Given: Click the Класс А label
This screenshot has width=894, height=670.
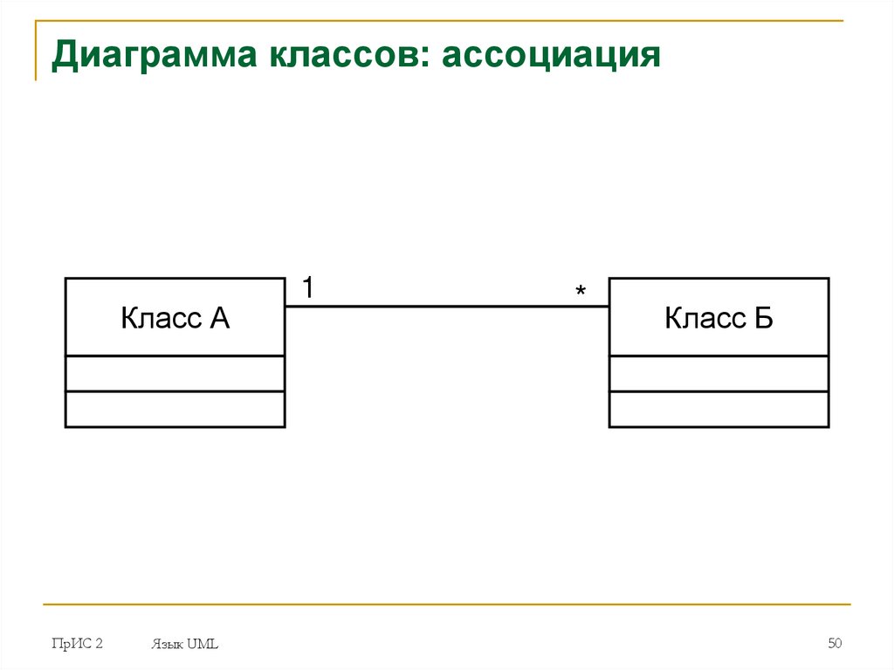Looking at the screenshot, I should pyautogui.click(x=175, y=318).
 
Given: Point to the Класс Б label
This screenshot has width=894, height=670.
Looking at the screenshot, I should pyautogui.click(x=719, y=318).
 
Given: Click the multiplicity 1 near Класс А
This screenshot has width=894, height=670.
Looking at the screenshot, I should pyautogui.click(x=308, y=287).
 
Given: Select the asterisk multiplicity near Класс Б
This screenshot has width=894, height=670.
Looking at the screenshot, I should pyautogui.click(x=581, y=292).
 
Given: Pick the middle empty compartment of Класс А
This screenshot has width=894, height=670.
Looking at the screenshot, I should pyautogui.click(x=175, y=374).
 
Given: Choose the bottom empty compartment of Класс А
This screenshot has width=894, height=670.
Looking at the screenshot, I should pyautogui.click(x=175, y=409).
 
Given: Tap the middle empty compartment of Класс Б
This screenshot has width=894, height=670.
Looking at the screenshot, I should pyautogui.click(x=719, y=374).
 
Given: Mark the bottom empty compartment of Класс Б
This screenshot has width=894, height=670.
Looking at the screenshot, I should pyautogui.click(x=719, y=409).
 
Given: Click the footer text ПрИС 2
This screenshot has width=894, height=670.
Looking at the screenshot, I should pyautogui.click(x=77, y=644).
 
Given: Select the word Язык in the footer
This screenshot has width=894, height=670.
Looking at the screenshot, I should pyautogui.click(x=166, y=645).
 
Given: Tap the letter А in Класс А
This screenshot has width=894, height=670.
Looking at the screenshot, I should pyautogui.click(x=219, y=318).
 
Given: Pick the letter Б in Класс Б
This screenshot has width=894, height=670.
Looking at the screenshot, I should pyautogui.click(x=763, y=318).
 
